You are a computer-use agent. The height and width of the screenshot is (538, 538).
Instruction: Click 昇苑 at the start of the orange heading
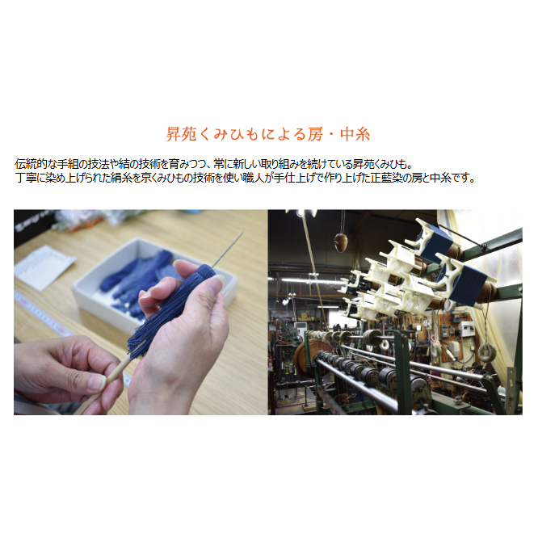[x=179, y=133]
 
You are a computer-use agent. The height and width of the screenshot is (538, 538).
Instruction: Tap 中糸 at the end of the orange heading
[x=356, y=133]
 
